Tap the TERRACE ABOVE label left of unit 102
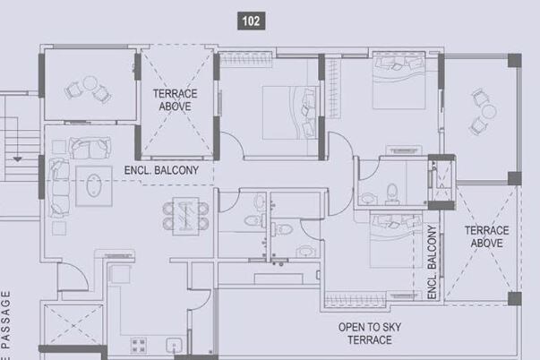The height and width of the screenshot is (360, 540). pos(175,99)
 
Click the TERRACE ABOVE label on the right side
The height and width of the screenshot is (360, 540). pos(486,237)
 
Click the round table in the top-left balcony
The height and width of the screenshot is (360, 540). pos(89,86)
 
